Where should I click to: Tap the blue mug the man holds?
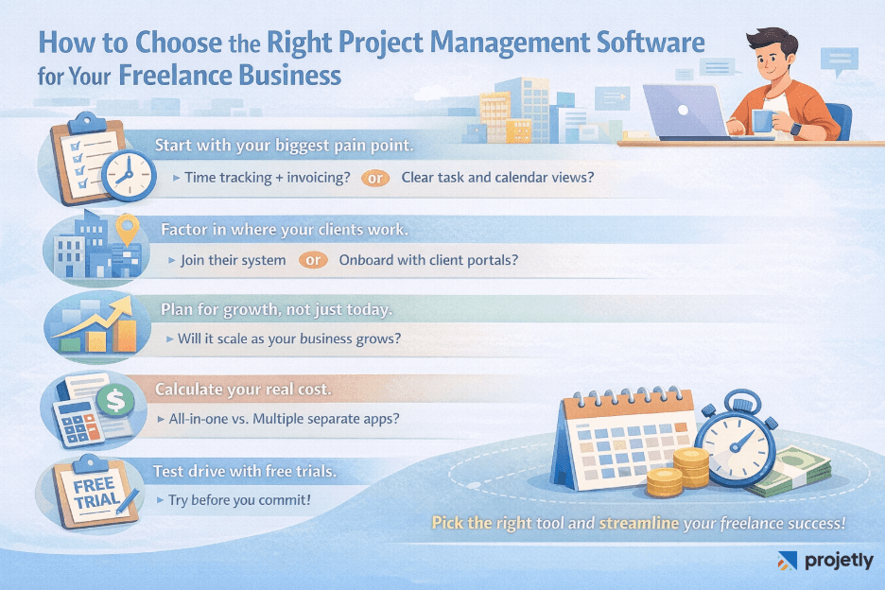click(x=763, y=120)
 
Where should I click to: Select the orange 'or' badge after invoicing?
click(x=375, y=177)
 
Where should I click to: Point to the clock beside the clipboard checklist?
click(x=127, y=174)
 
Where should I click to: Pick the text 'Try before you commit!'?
click(x=239, y=498)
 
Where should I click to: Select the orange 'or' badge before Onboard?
click(x=313, y=259)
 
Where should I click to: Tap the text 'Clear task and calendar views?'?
click(x=497, y=177)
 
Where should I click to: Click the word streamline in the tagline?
click(x=638, y=522)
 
